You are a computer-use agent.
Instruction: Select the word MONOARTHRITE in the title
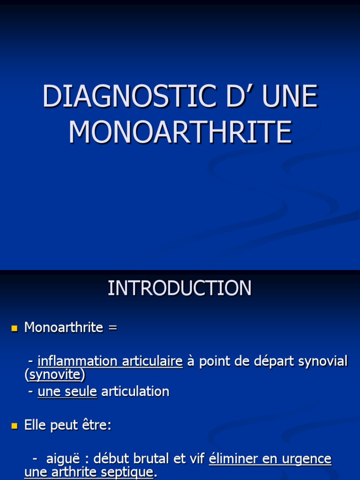pyautogui.click(x=180, y=132)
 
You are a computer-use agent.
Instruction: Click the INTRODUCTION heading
pyautogui.click(x=180, y=288)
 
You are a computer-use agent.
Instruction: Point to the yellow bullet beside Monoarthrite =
pyautogui.click(x=14, y=328)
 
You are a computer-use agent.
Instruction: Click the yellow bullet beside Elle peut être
pyautogui.click(x=14, y=426)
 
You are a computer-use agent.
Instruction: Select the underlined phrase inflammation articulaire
pyautogui.click(x=110, y=361)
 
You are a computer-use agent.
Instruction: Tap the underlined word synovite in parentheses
pyautogui.click(x=55, y=375)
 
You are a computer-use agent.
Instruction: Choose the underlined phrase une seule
pyautogui.click(x=67, y=391)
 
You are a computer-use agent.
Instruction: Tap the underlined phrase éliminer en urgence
pyautogui.click(x=270, y=459)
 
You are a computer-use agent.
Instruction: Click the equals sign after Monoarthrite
pyautogui.click(x=112, y=328)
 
